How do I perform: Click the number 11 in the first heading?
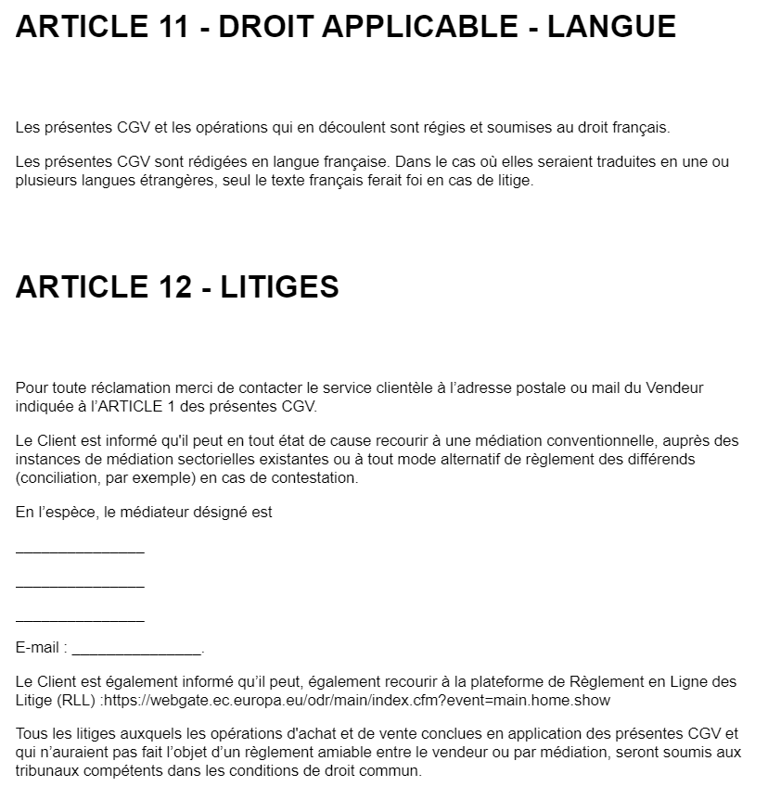pyautogui.click(x=177, y=26)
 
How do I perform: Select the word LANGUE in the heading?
pyautogui.click(x=611, y=26)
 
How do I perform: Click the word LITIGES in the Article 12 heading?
pyautogui.click(x=279, y=287)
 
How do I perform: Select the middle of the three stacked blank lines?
pyautogui.click(x=80, y=586)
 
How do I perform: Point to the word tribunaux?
pyautogui.click(x=47, y=771)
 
